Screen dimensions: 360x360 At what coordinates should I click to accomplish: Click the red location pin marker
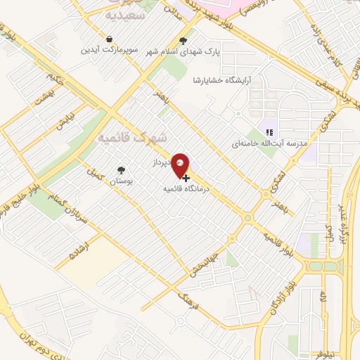coord(181,163)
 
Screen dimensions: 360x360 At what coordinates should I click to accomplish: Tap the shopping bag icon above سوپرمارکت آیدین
coord(109,39)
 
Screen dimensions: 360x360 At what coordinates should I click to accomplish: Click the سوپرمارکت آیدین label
coord(109,50)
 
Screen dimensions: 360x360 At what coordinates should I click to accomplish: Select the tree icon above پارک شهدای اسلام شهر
coord(184,41)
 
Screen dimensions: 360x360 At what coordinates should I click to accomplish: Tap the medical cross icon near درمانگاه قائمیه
coord(186,178)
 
